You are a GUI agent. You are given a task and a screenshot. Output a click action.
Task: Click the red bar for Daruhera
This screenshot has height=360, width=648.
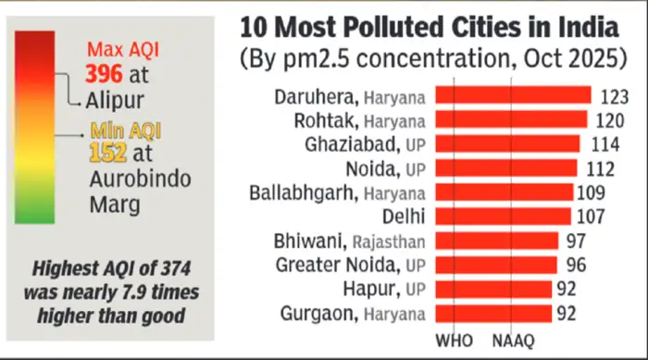[512, 95]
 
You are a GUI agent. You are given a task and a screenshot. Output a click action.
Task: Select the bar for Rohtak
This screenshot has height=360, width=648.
[510, 119]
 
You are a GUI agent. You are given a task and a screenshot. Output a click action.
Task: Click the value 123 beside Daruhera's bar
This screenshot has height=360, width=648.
[614, 95]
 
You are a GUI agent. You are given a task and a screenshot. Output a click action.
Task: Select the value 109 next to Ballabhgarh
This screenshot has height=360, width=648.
[591, 192]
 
